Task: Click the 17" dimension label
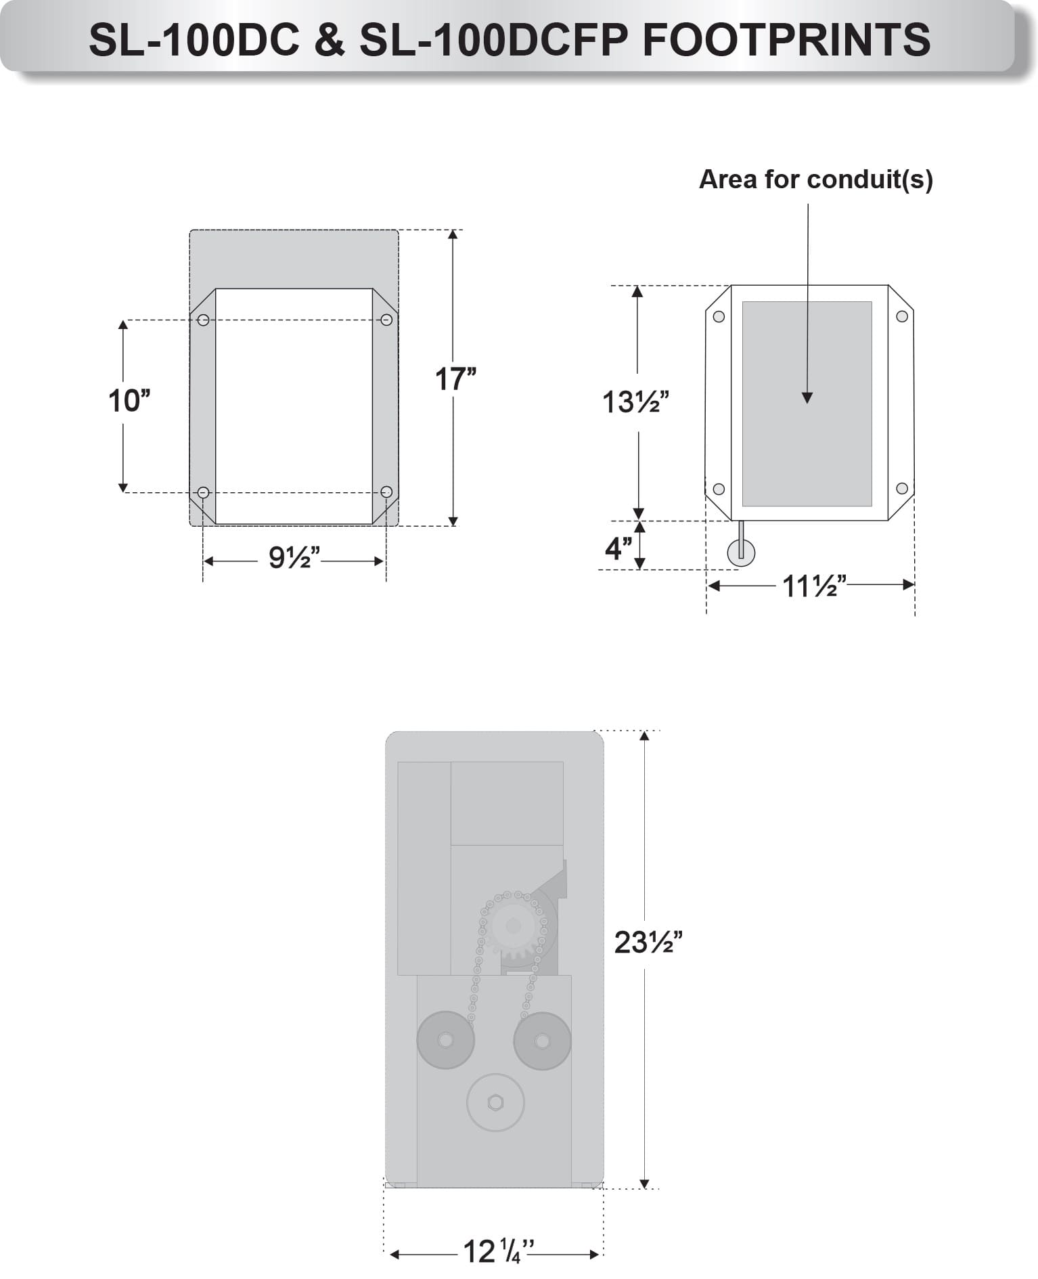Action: point(455,379)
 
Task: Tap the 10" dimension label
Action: point(129,401)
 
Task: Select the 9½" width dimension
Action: point(294,557)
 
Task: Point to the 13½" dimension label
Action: point(635,402)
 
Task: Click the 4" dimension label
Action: point(618,548)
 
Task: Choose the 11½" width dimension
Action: point(815,586)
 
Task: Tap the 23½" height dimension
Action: point(648,942)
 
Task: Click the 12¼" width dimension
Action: point(499,1252)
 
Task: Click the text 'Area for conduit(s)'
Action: point(815,179)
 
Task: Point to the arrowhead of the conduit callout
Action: point(807,398)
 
